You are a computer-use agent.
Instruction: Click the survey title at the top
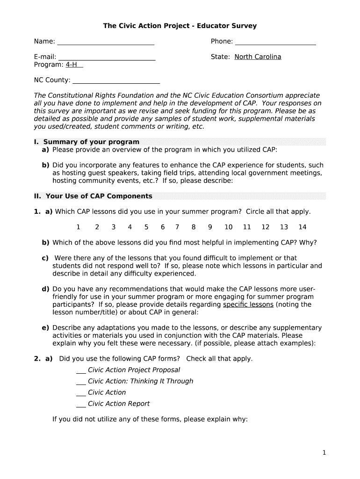click(x=180, y=26)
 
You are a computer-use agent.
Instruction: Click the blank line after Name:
click(x=106, y=43)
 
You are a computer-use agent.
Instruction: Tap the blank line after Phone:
click(x=275, y=43)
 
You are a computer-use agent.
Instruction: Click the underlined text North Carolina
click(x=258, y=57)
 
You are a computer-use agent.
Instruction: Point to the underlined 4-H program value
click(x=74, y=65)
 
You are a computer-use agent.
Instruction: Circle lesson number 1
click(x=78, y=227)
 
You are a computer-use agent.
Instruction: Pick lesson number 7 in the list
click(x=177, y=227)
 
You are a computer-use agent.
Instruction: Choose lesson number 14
click(x=302, y=227)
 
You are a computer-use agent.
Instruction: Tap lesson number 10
click(x=228, y=227)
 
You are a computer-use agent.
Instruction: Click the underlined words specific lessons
click(x=248, y=305)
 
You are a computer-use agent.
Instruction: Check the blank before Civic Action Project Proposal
click(x=81, y=370)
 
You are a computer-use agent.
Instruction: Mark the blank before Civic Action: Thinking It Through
click(x=81, y=382)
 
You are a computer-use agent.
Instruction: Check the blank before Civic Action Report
click(x=81, y=404)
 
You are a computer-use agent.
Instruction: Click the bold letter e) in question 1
click(x=45, y=327)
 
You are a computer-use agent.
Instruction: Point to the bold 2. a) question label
click(x=43, y=359)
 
